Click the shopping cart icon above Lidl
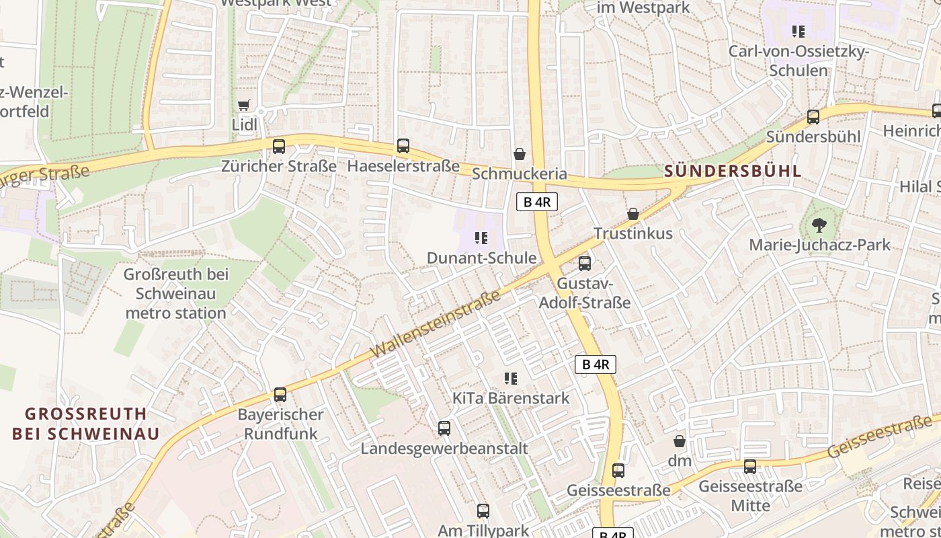(x=243, y=105)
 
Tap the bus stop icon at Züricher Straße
(x=279, y=146)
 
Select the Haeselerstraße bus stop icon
(x=403, y=145)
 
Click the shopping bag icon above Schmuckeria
(x=520, y=154)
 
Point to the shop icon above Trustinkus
(x=633, y=214)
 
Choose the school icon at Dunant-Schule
(x=481, y=238)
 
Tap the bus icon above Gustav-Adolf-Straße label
(x=585, y=263)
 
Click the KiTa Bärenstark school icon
(x=511, y=379)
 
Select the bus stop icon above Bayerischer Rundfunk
(x=280, y=395)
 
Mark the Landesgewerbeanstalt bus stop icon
(x=444, y=428)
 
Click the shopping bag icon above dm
(x=680, y=441)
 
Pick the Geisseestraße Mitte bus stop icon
(x=750, y=466)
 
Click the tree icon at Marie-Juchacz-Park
(x=819, y=225)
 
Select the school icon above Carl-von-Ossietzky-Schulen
(x=799, y=32)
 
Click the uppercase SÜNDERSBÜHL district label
(x=733, y=171)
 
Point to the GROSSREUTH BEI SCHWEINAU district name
(x=86, y=424)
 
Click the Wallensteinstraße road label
(x=436, y=324)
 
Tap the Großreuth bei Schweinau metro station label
(x=176, y=294)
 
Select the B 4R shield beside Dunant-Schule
(x=537, y=202)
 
